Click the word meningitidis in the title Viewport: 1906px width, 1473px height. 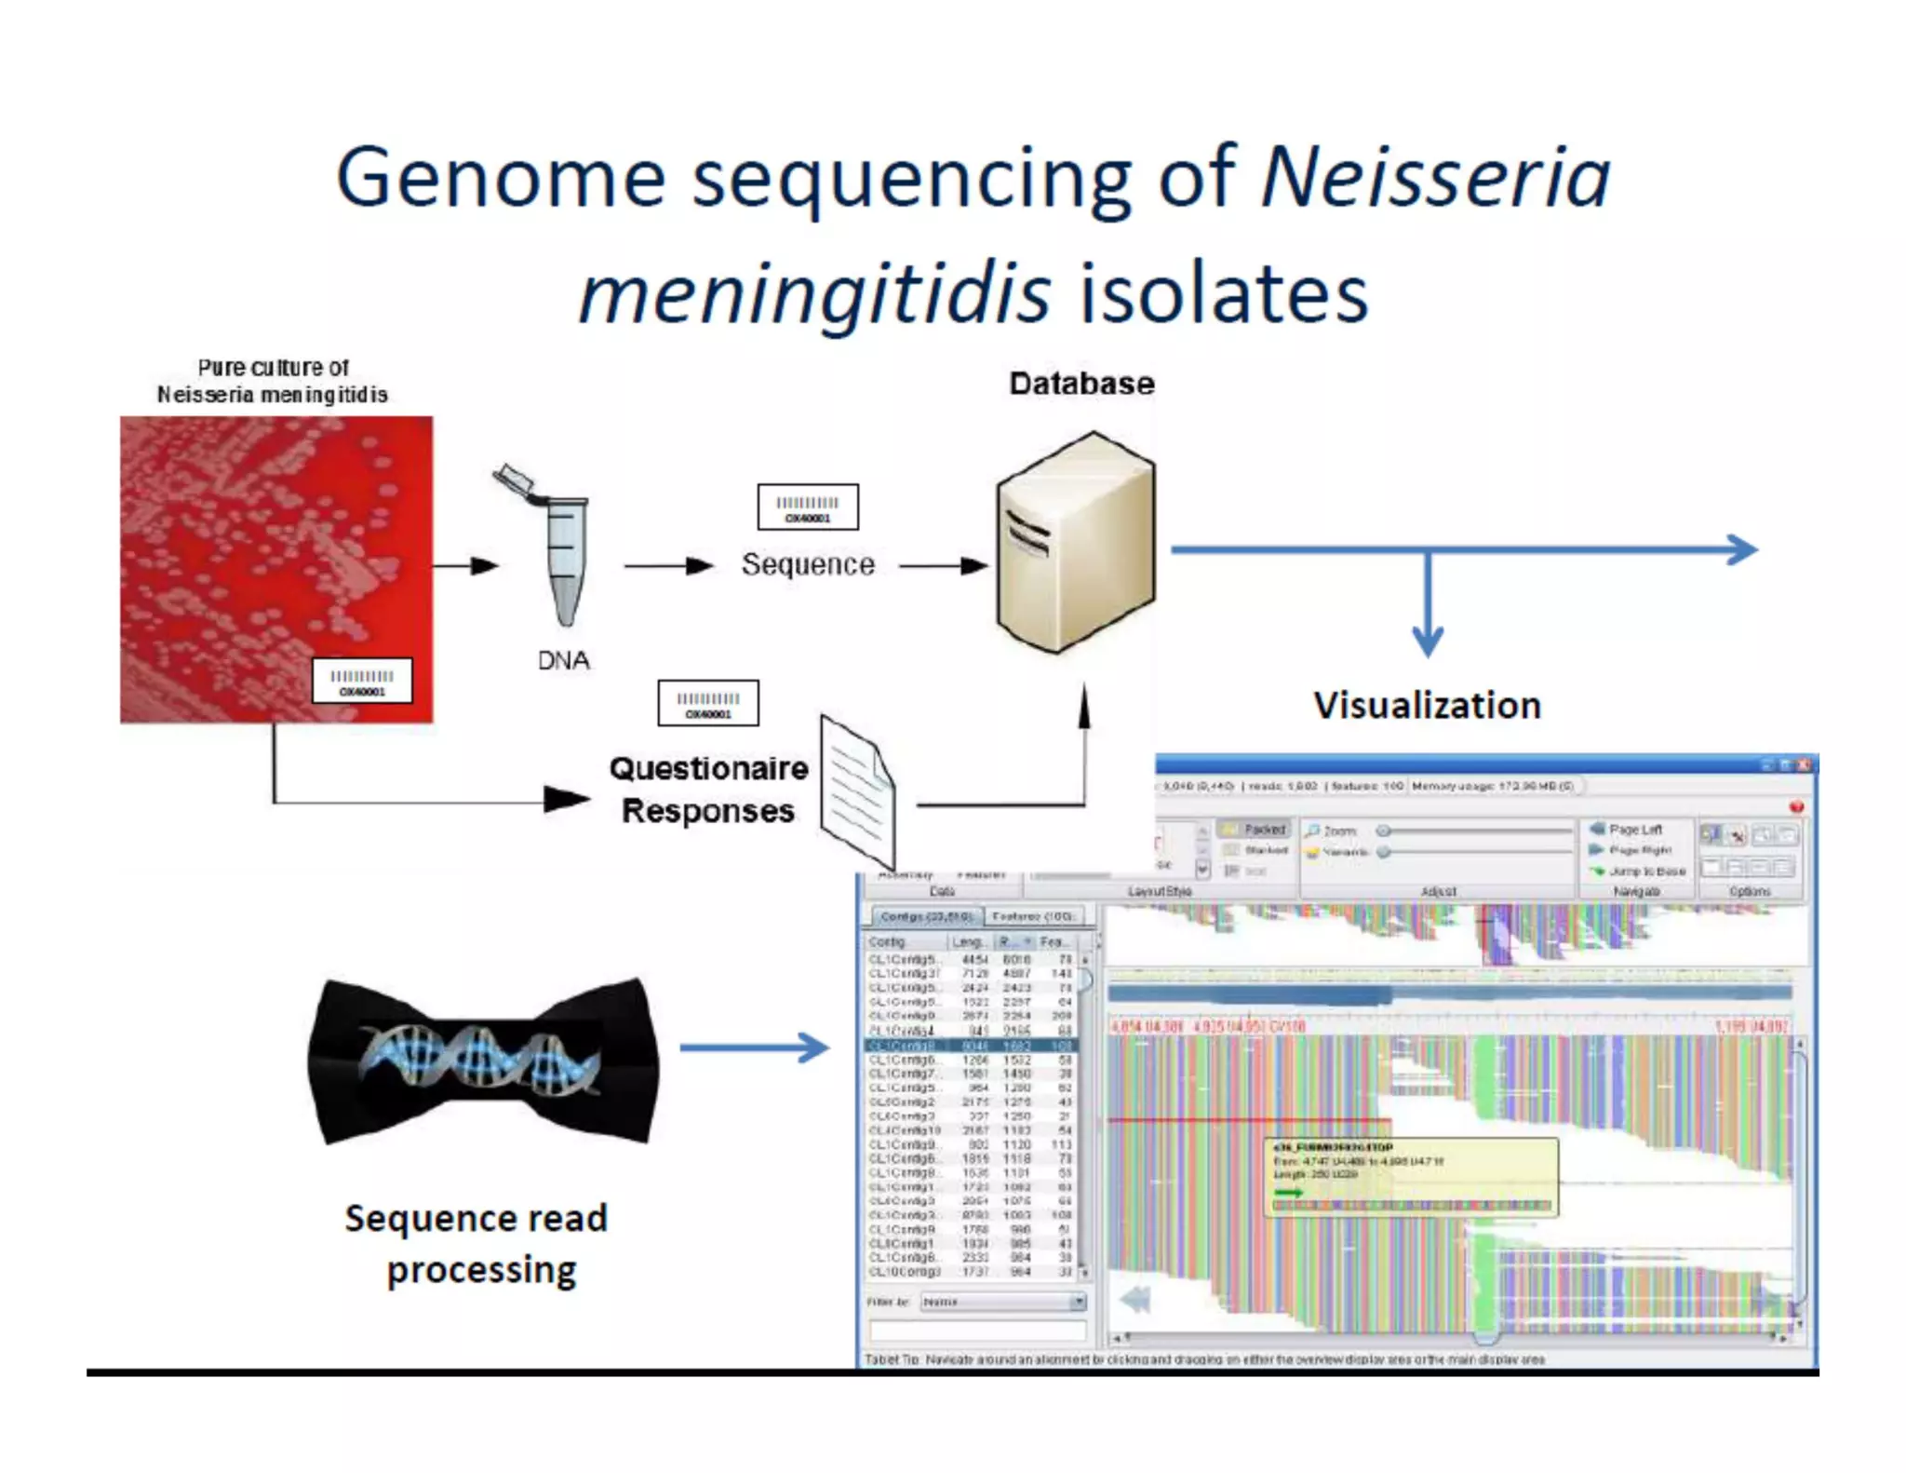814,294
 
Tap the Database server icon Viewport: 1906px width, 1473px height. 1076,543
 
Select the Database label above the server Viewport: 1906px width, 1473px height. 1081,384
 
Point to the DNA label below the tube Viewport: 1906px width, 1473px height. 564,660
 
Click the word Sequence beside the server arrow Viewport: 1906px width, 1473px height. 808,564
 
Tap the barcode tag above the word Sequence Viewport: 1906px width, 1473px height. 808,507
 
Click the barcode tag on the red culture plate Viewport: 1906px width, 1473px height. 362,682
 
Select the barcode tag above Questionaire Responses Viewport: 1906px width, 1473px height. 708,704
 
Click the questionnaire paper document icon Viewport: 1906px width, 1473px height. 857,790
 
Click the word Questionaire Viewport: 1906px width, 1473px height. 708,769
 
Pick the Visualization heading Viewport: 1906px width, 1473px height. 1427,706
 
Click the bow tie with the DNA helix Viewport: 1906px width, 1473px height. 483,1061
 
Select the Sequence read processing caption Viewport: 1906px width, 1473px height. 477,1244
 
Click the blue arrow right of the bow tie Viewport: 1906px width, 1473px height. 754,1047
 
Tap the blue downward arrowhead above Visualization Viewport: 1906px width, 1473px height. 1428,641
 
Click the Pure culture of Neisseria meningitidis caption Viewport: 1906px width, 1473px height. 273,381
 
